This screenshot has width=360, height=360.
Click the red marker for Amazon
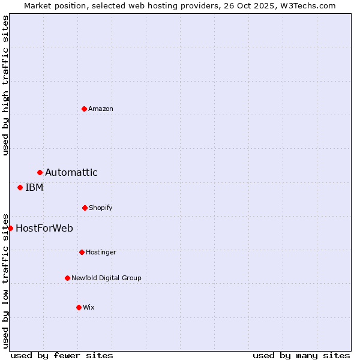84,109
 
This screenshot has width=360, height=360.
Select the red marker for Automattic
40,173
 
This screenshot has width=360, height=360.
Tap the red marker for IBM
20,187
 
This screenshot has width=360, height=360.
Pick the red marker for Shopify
85,208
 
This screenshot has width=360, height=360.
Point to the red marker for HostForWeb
10,228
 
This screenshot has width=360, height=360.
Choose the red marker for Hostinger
82,252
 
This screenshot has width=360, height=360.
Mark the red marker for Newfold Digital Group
67,278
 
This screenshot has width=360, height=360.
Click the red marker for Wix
79,307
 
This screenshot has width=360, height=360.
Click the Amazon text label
101,109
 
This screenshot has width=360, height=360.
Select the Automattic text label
71,173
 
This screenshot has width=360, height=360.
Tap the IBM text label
34,187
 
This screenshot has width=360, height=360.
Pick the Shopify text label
101,208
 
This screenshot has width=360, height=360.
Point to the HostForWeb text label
44,228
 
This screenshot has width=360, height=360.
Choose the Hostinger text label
101,252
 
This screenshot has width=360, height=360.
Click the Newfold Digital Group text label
106,278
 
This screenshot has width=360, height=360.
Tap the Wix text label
89,307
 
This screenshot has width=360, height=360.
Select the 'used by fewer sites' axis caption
62,355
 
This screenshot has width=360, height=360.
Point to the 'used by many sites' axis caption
301,355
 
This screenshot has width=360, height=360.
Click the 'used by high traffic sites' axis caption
5,85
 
